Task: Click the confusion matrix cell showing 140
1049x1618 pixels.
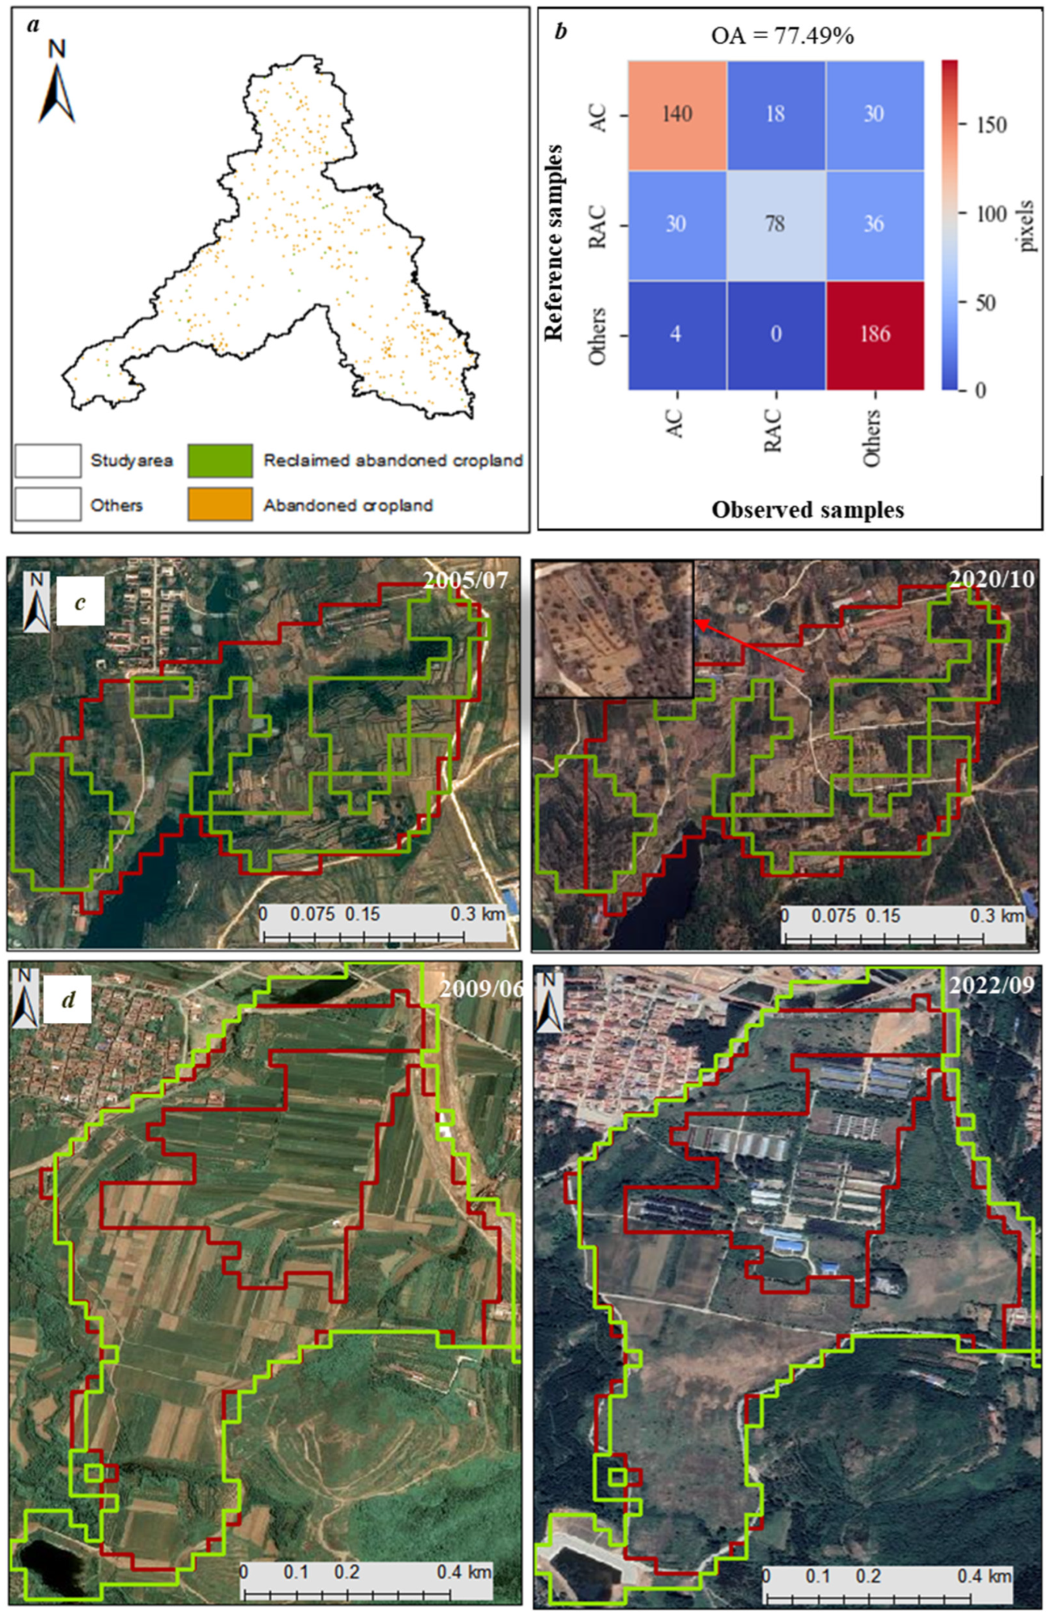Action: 677,114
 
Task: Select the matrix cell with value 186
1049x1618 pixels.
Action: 874,335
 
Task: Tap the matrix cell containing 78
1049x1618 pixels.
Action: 776,224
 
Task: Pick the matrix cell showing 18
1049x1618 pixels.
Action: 776,114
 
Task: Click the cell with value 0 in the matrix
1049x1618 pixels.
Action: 776,335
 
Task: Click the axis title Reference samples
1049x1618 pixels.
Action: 556,241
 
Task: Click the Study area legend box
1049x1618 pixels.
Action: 48,460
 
